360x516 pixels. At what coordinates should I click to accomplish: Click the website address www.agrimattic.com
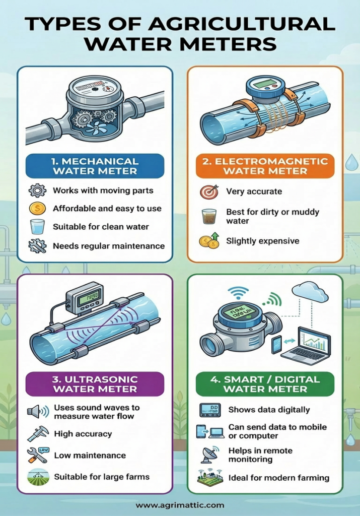[x=180, y=505]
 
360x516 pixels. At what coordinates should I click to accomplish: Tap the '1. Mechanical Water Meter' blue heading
[x=95, y=166]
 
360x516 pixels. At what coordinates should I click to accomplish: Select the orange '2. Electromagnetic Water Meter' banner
[x=265, y=166]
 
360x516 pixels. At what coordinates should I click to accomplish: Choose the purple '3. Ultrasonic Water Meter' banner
[x=95, y=384]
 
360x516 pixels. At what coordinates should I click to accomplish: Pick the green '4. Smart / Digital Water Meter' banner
[x=265, y=384]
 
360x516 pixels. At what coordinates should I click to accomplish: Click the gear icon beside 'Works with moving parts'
[x=37, y=190]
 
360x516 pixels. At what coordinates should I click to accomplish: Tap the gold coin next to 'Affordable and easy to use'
[x=37, y=208]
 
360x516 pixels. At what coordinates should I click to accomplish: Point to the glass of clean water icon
[x=37, y=227]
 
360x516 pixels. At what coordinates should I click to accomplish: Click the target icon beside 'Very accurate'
[x=209, y=191]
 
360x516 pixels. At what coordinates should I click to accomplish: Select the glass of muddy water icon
[x=209, y=217]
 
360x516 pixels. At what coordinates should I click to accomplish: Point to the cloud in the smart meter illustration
[x=310, y=292]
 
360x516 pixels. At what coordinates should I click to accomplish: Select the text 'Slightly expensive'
[x=263, y=241]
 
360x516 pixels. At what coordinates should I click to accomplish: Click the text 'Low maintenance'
[x=90, y=456]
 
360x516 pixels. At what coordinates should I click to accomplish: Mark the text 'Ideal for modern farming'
[x=279, y=478]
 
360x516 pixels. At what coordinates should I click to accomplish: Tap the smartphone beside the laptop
[x=277, y=344]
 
